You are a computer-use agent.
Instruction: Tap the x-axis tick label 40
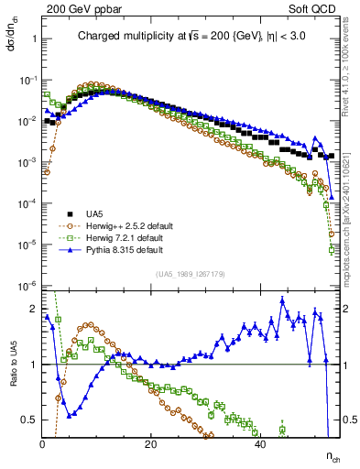[x=260, y=443]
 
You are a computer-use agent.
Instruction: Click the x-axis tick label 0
[x=43, y=443]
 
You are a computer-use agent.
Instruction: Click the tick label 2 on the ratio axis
[x=33, y=309]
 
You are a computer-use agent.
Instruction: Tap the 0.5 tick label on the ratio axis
[x=29, y=420]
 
